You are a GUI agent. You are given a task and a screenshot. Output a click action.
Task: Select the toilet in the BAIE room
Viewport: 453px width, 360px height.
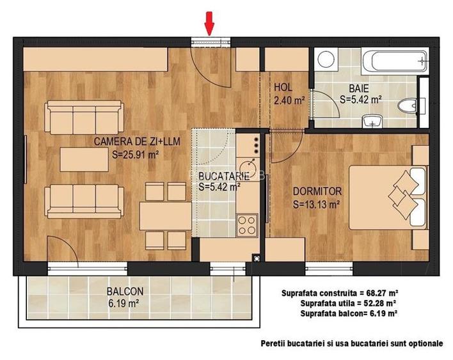click(x=406, y=106)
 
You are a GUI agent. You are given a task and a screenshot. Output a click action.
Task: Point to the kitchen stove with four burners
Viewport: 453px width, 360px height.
click(x=246, y=224)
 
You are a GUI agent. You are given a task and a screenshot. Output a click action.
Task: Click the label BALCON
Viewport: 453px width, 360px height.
click(x=125, y=290)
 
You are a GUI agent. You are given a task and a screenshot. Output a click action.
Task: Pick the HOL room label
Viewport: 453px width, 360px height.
click(x=283, y=88)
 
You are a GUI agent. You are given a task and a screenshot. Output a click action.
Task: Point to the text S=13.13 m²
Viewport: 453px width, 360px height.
click(x=315, y=205)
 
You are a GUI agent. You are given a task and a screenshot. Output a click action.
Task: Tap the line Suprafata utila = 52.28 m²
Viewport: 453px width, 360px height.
click(x=347, y=303)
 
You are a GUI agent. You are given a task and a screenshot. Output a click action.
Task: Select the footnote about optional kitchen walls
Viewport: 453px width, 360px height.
click(x=351, y=343)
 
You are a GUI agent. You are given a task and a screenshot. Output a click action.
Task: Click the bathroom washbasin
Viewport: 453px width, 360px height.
click(x=371, y=121)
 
